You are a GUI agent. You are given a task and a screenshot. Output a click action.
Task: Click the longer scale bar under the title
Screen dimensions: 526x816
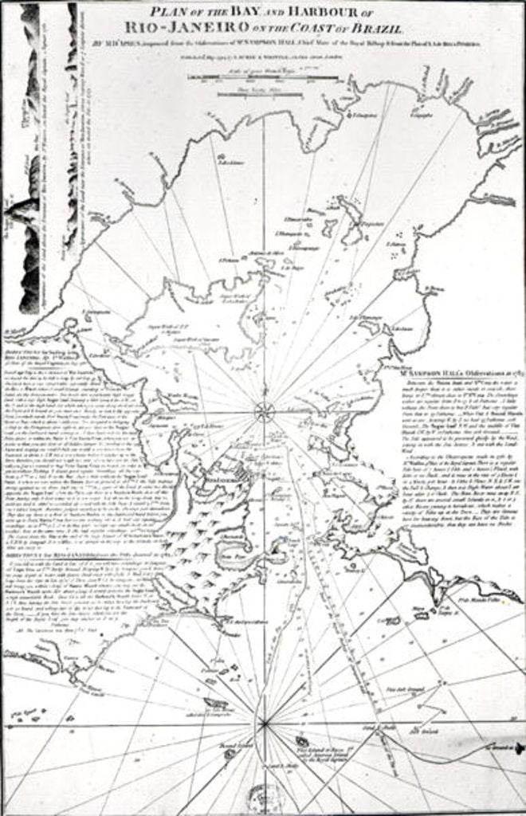pyautogui.click(x=263, y=77)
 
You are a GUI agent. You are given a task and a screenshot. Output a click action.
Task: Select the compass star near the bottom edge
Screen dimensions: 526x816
pyautogui.click(x=264, y=724)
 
